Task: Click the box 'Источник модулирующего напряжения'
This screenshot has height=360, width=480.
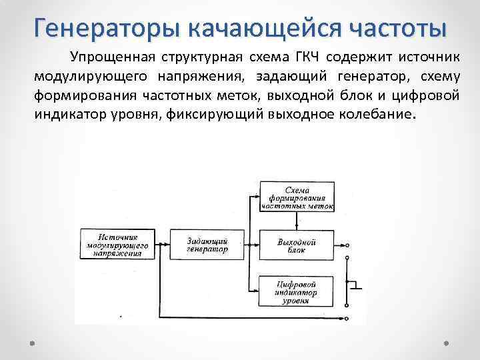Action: tap(117, 245)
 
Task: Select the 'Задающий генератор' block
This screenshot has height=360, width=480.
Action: tap(208, 245)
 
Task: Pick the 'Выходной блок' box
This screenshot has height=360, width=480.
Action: tap(297, 245)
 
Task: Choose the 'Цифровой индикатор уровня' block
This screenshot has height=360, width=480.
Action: tap(297, 291)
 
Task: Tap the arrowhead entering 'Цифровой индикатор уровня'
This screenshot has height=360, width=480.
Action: tap(255, 291)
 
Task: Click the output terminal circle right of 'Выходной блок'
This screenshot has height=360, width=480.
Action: tap(347, 245)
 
